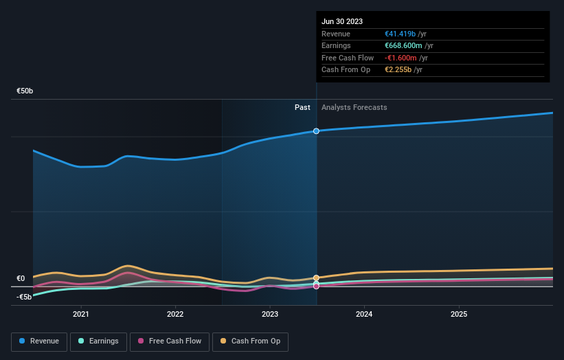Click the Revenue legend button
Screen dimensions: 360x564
click(39, 341)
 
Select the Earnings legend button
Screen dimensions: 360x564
click(98, 341)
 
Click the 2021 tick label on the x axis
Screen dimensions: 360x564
click(81, 314)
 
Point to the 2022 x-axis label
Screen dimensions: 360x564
click(175, 314)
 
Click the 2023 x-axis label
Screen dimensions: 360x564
click(270, 314)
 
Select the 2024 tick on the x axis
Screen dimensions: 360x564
click(364, 314)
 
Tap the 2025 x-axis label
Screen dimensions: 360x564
click(459, 314)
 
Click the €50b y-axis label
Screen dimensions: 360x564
click(25, 91)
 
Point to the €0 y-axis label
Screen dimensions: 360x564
click(21, 278)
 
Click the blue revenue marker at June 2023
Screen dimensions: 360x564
click(316, 131)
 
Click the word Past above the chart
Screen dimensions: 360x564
click(302, 107)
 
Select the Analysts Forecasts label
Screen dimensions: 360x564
click(354, 107)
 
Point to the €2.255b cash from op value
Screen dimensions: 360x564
click(398, 70)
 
